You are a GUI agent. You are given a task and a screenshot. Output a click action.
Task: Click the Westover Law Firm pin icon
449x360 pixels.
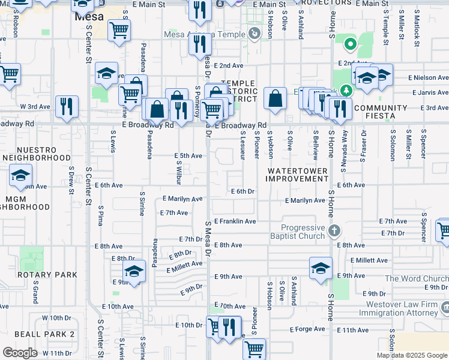point(445,308)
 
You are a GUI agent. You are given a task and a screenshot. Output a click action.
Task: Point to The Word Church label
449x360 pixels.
point(416,278)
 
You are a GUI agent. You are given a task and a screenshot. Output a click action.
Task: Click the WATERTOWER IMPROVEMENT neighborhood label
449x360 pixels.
point(298,175)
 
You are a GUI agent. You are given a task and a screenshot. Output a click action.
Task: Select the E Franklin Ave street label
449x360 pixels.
point(235,221)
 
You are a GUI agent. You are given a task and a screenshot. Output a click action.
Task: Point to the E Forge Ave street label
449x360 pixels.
point(308,329)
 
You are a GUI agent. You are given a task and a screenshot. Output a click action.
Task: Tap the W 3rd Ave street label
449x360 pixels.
point(35,106)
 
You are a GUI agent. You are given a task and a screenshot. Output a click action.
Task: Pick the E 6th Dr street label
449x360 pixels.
point(243,191)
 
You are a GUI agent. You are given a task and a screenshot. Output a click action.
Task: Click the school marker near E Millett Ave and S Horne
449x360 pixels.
point(321,268)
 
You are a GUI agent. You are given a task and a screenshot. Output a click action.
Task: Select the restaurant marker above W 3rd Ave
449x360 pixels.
point(67,106)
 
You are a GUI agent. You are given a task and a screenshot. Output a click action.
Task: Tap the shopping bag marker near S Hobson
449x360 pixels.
point(274,99)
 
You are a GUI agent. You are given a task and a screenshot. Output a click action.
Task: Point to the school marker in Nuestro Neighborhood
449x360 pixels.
point(20,176)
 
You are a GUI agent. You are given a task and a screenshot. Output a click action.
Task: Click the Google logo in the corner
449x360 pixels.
point(20,352)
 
